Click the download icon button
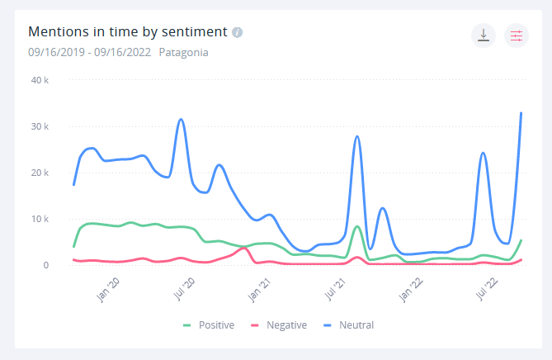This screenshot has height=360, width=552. tap(484, 36)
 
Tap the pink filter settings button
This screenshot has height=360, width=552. tap(517, 36)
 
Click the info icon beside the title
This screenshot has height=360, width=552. tap(238, 32)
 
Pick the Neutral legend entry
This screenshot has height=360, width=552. tap(351, 325)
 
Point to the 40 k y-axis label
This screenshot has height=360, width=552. tap(40, 80)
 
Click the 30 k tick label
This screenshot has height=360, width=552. tap(40, 126)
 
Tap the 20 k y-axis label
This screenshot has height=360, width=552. tap(40, 173)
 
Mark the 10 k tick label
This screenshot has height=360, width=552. tap(40, 219)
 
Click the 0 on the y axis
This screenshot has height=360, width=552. tap(46, 265)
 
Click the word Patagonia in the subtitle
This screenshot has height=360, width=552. tap(183, 52)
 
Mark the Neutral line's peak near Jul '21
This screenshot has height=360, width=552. tap(357, 136)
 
